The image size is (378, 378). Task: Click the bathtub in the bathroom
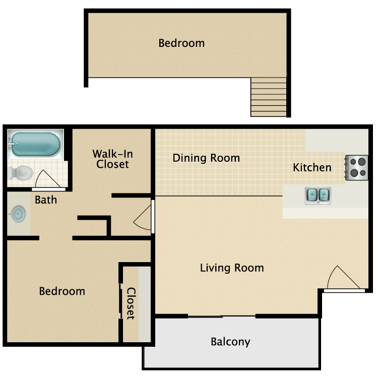coord(36,144)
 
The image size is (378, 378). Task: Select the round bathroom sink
coord(18,214)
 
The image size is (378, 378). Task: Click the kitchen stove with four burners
coord(357,167)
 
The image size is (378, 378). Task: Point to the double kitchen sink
coord(318,195)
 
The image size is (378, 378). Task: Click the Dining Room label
coord(206,158)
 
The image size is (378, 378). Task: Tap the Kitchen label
coord(312,167)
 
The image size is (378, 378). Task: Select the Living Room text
coord(232,268)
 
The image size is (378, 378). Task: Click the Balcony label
coord(230,342)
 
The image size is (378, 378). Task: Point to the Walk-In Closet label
coord(112,159)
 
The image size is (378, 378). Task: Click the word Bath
coord(46,200)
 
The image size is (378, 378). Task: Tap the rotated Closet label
coord(131,303)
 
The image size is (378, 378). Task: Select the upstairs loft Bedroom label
coord(181,43)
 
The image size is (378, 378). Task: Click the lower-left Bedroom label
coord(62,291)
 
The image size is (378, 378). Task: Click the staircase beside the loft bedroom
coord(269,97)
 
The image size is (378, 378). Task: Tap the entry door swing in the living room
coord(343,278)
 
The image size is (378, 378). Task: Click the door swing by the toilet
coord(47,178)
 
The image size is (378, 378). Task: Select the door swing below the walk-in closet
coord(143,217)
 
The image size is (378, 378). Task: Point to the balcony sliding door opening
coord(222,317)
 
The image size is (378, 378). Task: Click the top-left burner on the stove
coord(353,162)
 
